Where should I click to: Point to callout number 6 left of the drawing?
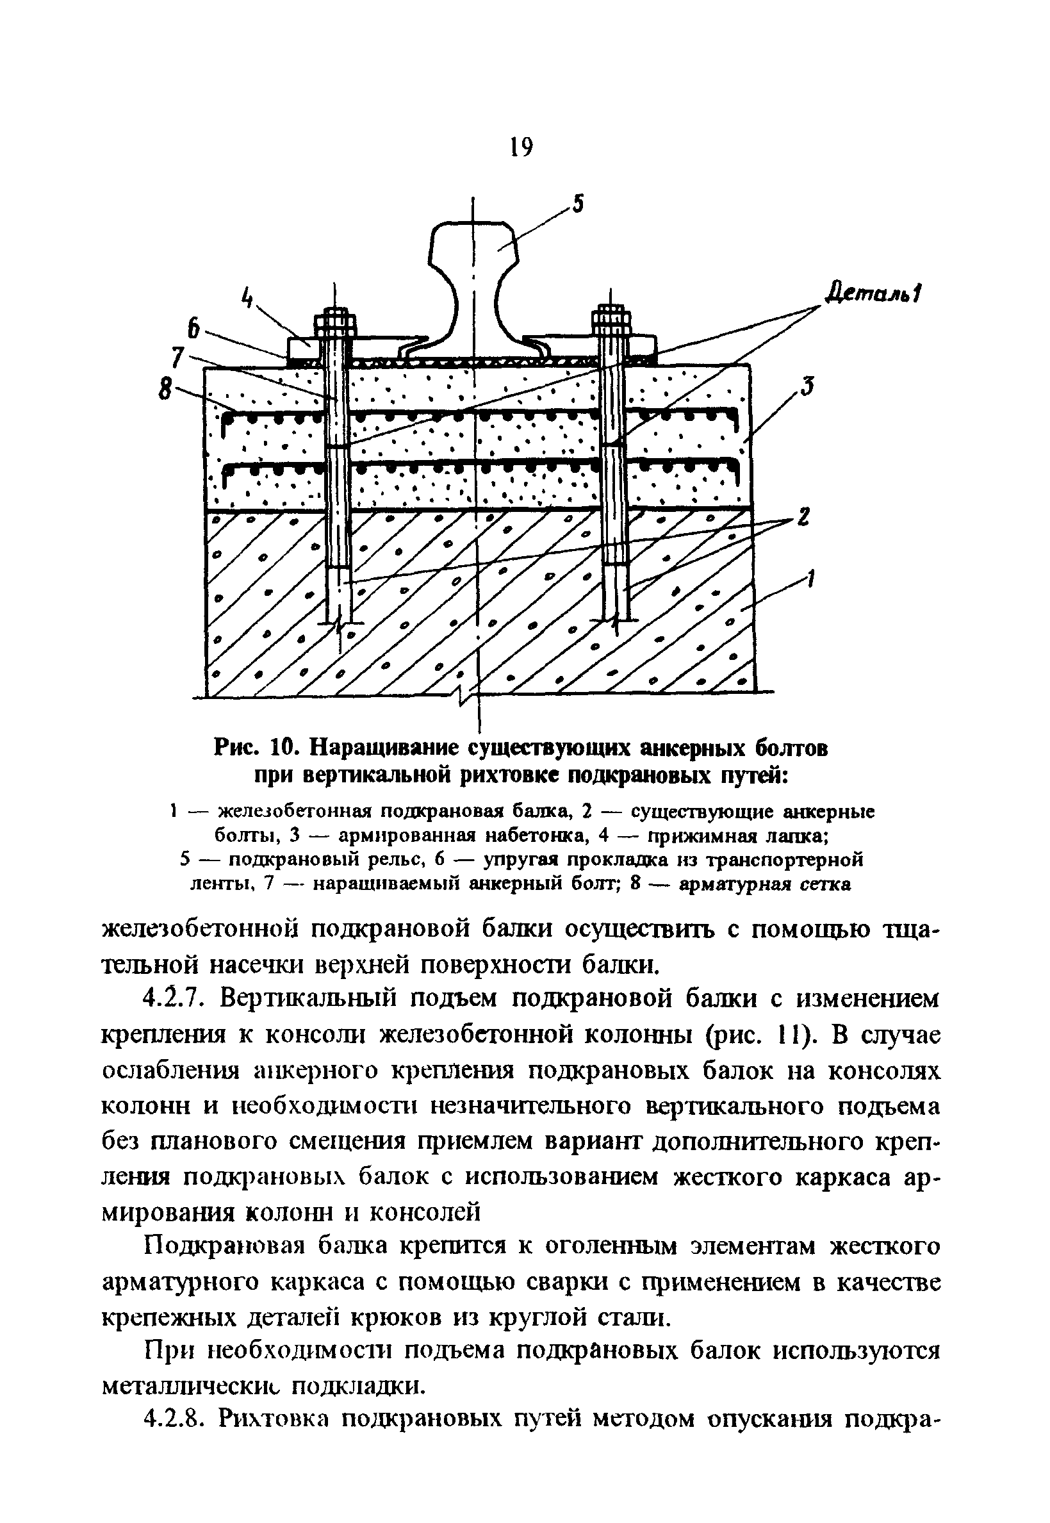(193, 328)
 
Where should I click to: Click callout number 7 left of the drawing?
(177, 358)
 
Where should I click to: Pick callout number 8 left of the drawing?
(163, 390)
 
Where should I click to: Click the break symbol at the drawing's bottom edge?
(464, 695)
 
